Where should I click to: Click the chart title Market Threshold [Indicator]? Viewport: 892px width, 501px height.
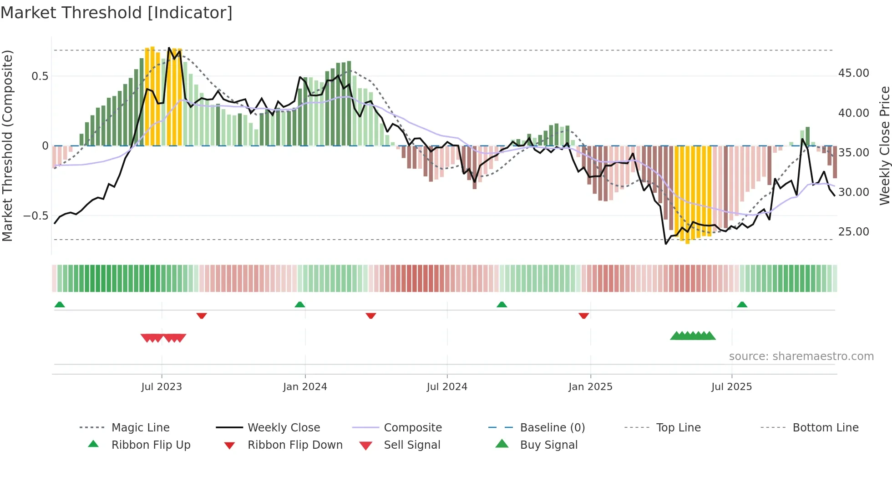117,13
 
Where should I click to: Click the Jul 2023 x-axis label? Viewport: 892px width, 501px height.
162,387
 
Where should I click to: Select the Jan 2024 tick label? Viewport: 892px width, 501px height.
305,387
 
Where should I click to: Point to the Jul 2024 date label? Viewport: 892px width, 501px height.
447,387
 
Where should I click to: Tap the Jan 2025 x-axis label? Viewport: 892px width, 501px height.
590,387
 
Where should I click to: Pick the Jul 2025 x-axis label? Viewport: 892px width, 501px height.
731,387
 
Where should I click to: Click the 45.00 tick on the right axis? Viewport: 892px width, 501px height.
853,73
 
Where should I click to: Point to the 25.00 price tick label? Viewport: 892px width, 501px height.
853,232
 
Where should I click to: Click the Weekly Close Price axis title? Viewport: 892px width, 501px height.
884,145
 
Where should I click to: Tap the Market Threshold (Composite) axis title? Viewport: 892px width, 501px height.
7,145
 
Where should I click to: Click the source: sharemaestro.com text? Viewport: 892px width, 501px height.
801,356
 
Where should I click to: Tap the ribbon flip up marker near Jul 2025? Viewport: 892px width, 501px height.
742,305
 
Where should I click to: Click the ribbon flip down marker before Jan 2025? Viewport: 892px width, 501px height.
583,316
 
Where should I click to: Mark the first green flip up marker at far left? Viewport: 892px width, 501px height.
60,305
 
